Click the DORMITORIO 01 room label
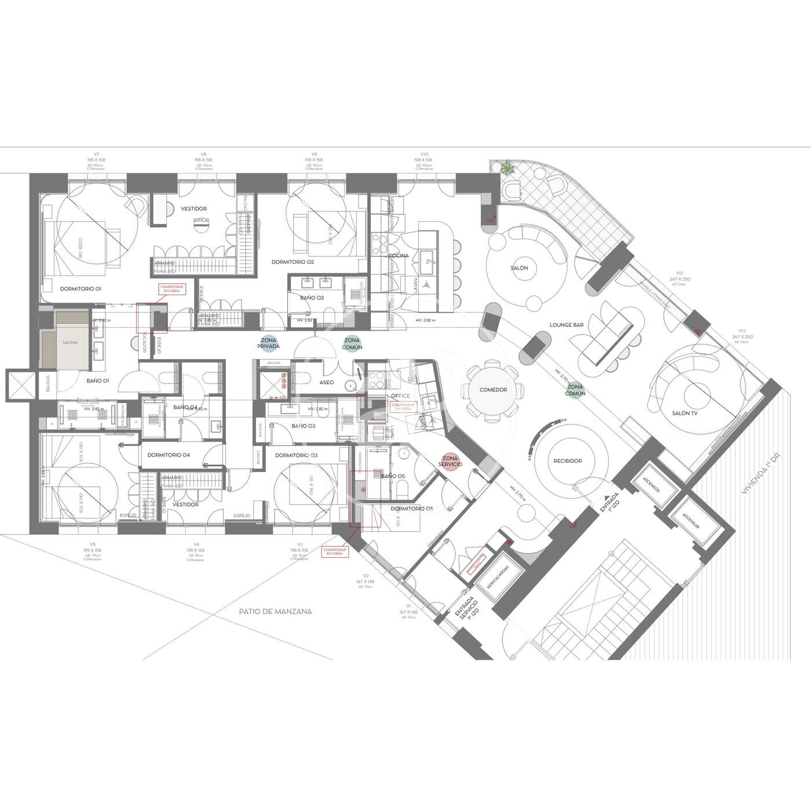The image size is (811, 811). [81, 288]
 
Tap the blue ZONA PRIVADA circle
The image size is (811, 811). [269, 343]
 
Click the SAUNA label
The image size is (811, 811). [70, 342]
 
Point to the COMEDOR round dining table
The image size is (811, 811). [493, 390]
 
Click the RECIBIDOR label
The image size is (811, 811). [567, 461]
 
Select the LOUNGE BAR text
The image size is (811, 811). [566, 326]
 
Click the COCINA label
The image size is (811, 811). [399, 255]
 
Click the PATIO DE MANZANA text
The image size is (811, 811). [276, 611]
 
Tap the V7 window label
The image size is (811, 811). [97, 154]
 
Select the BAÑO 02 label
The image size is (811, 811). [312, 297]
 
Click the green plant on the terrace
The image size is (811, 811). [507, 168]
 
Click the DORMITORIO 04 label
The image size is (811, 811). [169, 455]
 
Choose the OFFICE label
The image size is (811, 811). [400, 396]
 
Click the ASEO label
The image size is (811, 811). [326, 382]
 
